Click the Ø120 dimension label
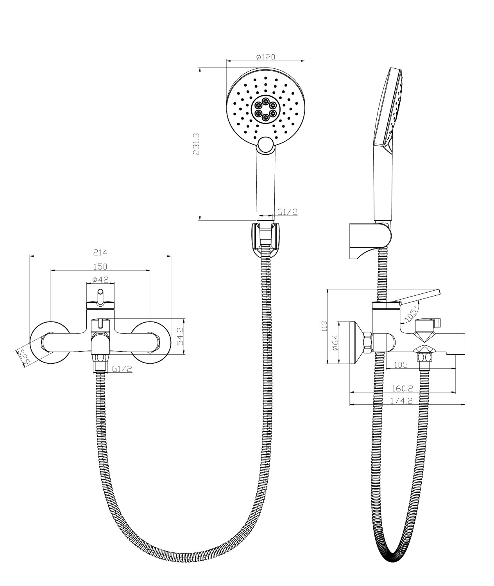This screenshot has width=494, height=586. coord(266,57)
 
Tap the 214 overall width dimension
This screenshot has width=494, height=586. coord(100,252)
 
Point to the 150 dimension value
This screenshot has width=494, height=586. coord(100,266)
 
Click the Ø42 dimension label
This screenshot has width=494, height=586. coord(100,280)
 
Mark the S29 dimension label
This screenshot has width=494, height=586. coord(24,356)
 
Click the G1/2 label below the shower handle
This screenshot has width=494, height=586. coord(288,212)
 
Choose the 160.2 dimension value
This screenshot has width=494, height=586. coord(403,389)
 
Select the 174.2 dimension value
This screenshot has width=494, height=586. coord(403,401)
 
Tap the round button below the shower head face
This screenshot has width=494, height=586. coord(266,145)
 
